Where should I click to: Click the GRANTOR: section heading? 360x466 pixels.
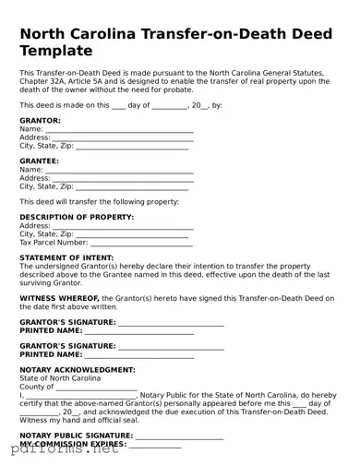click(x=41, y=121)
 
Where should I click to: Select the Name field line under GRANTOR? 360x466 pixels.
click(x=119, y=130)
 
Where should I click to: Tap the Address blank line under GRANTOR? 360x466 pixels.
click(x=123, y=138)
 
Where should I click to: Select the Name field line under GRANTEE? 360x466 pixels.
click(x=119, y=171)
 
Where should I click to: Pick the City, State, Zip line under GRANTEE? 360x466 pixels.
click(x=133, y=187)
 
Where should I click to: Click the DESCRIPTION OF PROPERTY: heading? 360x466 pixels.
click(x=77, y=218)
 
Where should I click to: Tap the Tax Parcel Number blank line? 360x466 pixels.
click(x=142, y=243)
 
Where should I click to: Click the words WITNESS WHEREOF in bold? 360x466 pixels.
click(x=59, y=299)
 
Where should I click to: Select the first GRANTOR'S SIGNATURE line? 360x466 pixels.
click(x=171, y=322)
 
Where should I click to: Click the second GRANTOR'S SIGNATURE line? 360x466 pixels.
click(x=171, y=346)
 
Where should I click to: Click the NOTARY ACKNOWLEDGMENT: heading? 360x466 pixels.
click(x=78, y=370)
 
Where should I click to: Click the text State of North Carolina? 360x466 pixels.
click(x=61, y=378)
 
